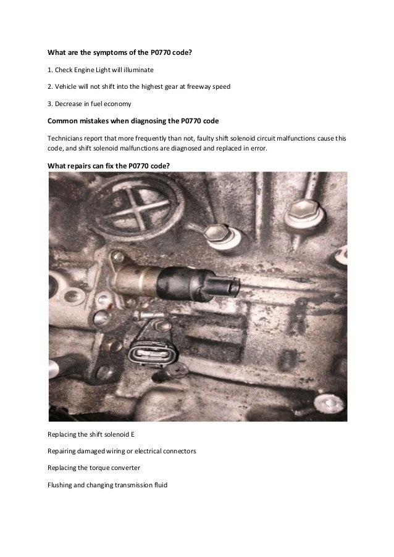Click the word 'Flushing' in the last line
coord(61,484)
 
